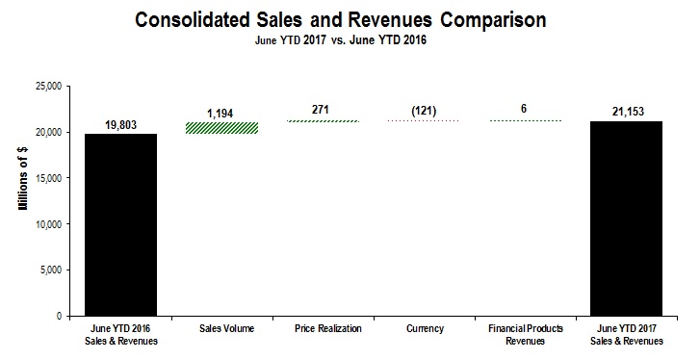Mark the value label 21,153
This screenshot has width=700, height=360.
(x=628, y=112)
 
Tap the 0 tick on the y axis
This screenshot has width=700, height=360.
(x=59, y=316)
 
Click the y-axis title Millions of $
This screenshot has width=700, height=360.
(x=20, y=200)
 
